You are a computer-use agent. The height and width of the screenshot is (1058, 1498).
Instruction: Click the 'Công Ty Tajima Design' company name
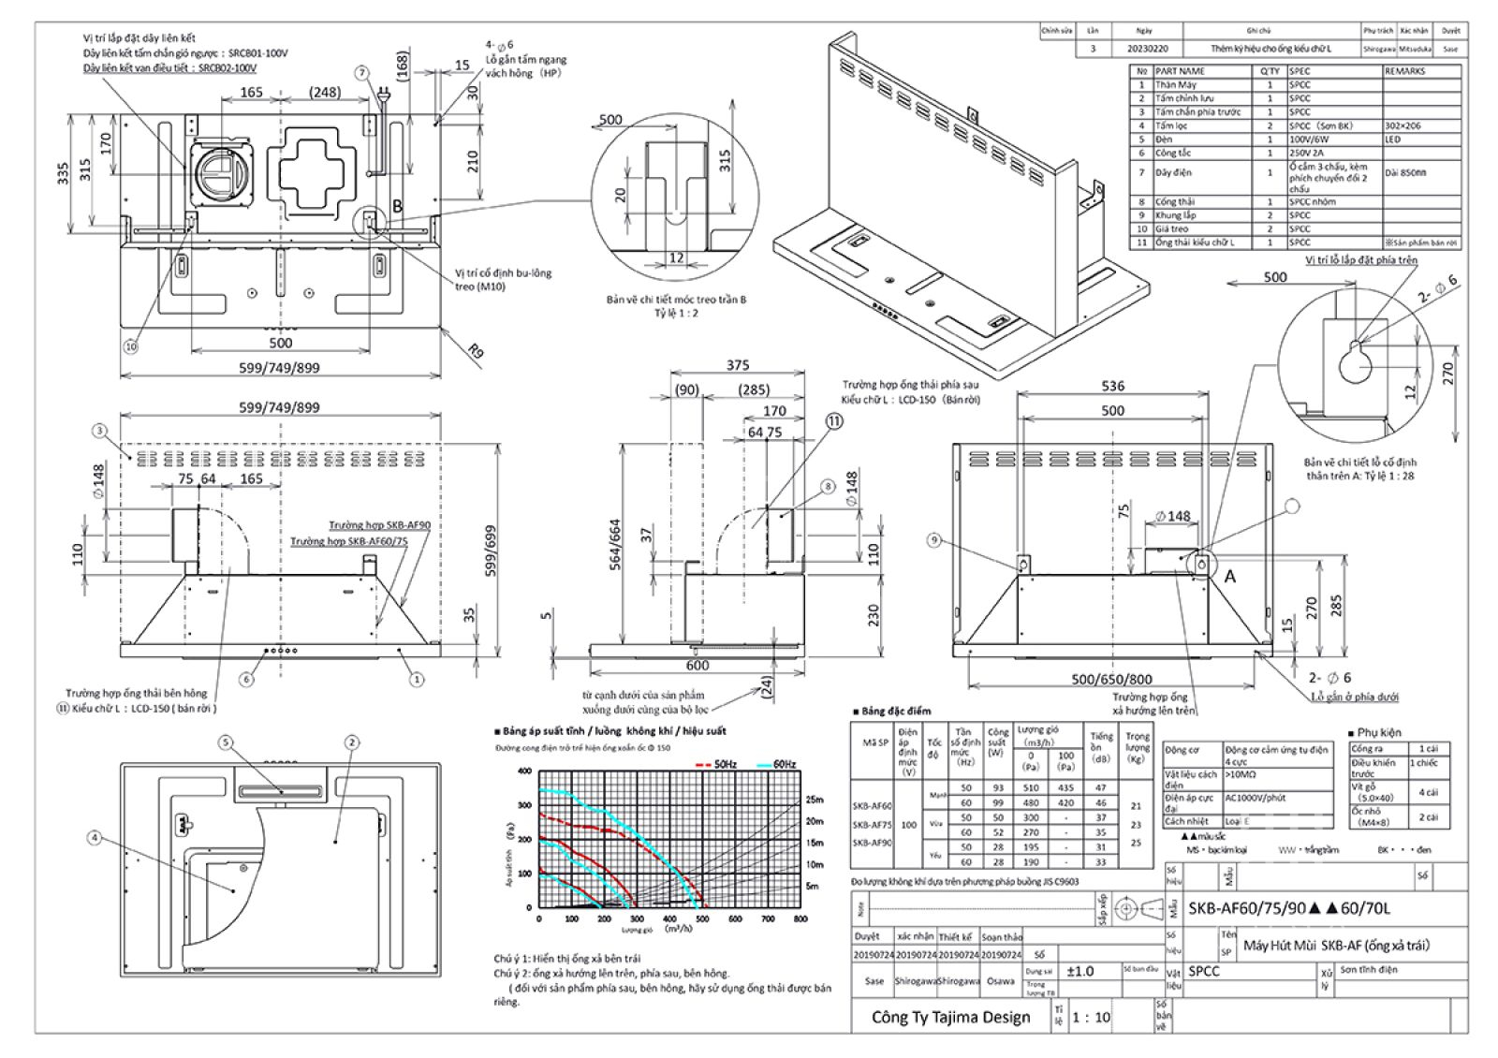pos(949,1017)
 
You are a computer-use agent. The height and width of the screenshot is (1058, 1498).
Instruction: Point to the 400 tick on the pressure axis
pos(524,771)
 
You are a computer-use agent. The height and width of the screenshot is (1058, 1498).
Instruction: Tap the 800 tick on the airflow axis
pos(800,919)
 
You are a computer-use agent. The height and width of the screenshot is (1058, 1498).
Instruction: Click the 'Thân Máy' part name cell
pos(1175,84)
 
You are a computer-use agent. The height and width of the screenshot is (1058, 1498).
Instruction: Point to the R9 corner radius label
pos(477,352)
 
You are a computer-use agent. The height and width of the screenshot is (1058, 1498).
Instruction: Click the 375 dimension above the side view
pos(738,365)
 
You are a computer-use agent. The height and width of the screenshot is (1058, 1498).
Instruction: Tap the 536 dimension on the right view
pos(1112,386)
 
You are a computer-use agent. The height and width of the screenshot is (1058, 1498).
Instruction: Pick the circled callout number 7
pos(362,72)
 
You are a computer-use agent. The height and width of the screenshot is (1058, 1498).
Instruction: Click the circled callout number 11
pos(833,420)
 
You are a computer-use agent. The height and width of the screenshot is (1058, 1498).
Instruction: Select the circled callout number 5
pos(225,742)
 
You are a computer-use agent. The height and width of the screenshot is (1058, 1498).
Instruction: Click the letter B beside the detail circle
pos(397,205)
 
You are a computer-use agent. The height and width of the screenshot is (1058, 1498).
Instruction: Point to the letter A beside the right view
pos(1230,577)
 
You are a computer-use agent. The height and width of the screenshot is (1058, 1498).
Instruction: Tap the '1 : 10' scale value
pos(1091,1017)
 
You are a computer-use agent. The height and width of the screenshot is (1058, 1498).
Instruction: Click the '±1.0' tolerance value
pos(1080,971)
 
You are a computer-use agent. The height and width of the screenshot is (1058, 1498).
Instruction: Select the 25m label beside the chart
pos(814,800)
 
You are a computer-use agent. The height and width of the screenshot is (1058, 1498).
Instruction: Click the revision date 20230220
pos(1150,48)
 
